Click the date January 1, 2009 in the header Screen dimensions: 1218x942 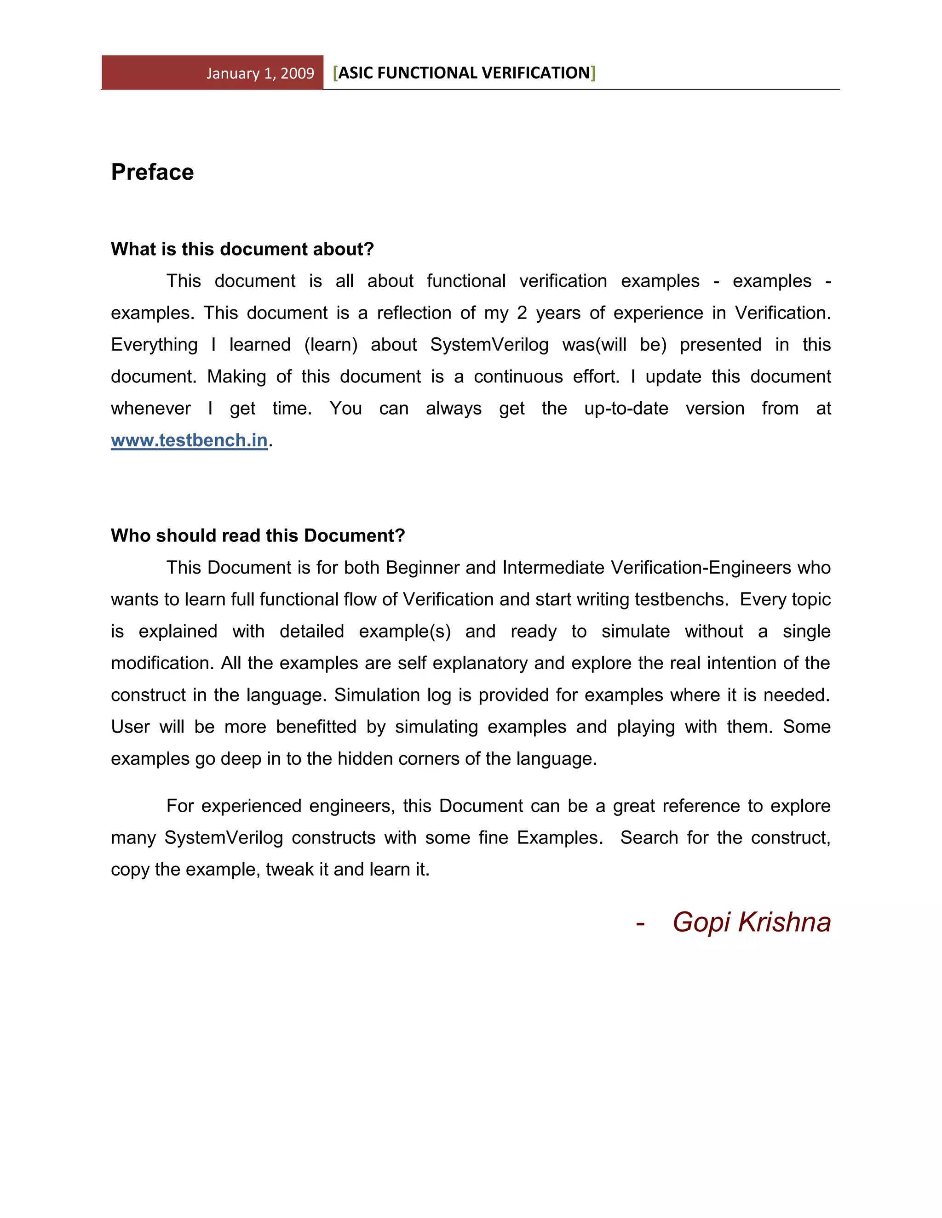pyautogui.click(x=260, y=74)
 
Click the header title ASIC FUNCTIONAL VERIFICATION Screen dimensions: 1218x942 pyautogui.click(x=464, y=73)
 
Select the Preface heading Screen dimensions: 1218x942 pyautogui.click(x=152, y=172)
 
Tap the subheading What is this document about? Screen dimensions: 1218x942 pyautogui.click(x=242, y=249)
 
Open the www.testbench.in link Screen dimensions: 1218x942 pyautogui.click(x=189, y=441)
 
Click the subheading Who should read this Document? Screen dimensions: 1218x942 pyautogui.click(x=258, y=535)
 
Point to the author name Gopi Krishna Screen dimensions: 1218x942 pyautogui.click(x=751, y=922)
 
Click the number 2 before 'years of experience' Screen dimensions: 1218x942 pyautogui.click(x=522, y=313)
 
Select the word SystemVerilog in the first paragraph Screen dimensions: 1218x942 pyautogui.click(x=489, y=345)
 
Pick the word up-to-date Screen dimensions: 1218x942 pyautogui.click(x=626, y=409)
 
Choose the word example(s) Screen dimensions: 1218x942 pyautogui.click(x=405, y=632)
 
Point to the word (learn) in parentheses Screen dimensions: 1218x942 pyautogui.click(x=331, y=345)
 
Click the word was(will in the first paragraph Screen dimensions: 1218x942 pyautogui.click(x=594, y=345)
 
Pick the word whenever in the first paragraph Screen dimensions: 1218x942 pyautogui.click(x=151, y=409)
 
